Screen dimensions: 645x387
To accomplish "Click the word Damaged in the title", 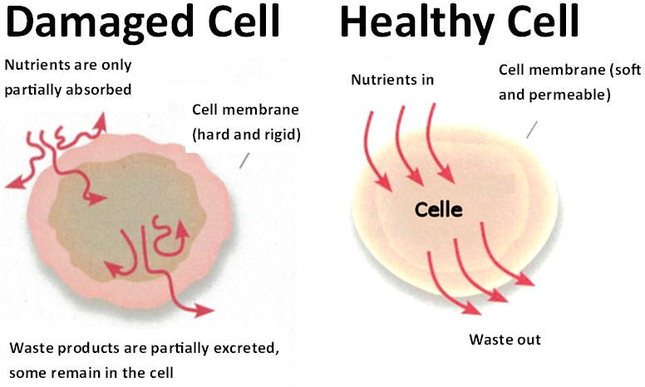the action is pos(100,22).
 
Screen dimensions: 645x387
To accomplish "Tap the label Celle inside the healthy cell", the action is pos(439,209).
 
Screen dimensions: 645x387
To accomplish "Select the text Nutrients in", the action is pos(392,79).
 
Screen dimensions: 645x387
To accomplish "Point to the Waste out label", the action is pos(505,340).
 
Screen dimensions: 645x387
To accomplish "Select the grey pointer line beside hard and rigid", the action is pos(244,160).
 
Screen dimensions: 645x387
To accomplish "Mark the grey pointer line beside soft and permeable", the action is pos(532,130).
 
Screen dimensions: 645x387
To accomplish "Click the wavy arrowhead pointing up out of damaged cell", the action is pos(100,121).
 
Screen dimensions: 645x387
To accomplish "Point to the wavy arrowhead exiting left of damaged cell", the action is pos(15,182).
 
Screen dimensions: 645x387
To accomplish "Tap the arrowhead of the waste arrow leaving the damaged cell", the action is pos(204,310).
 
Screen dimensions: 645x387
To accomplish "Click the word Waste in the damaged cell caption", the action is pos(31,348).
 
